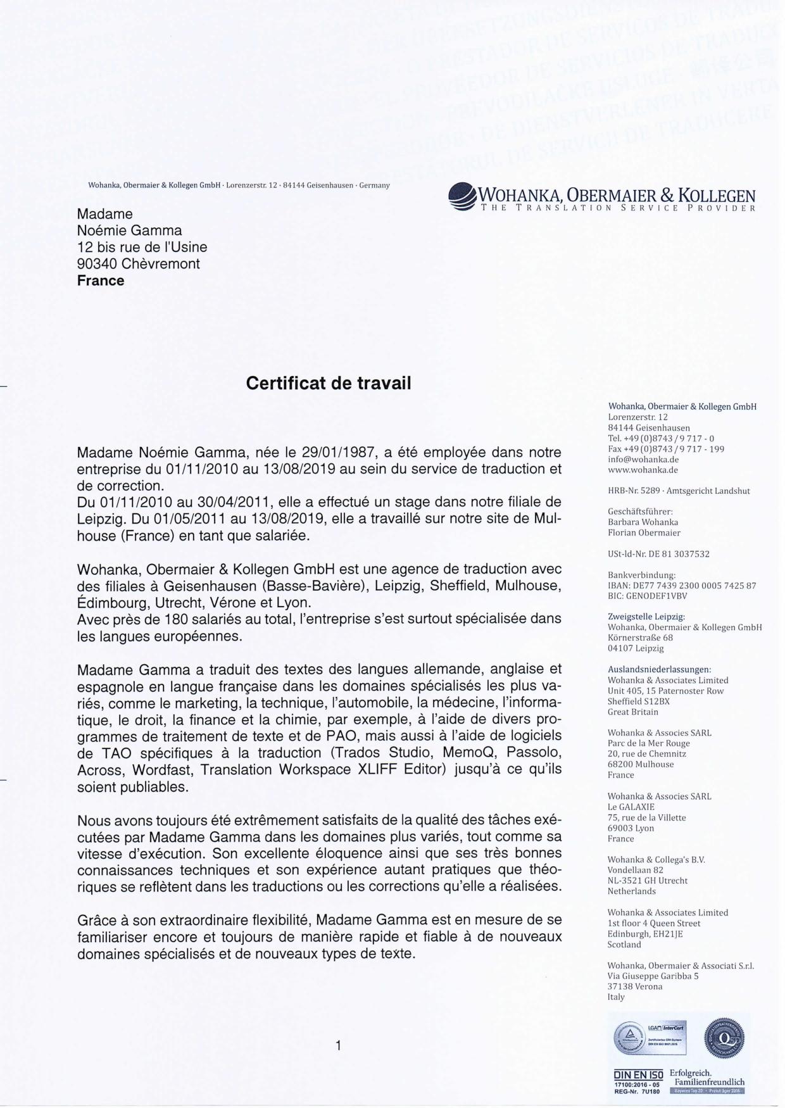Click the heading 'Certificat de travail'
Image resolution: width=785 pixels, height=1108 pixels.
(328, 383)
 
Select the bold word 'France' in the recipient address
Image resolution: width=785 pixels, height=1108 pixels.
(101, 280)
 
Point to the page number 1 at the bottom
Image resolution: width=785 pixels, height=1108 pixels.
(339, 1045)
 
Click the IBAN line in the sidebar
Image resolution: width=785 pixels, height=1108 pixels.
(682, 586)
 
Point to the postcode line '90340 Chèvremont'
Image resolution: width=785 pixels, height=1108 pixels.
(138, 263)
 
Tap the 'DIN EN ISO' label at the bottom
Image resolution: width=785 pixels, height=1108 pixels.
(638, 1074)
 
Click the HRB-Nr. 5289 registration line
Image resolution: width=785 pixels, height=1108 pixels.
(679, 491)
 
